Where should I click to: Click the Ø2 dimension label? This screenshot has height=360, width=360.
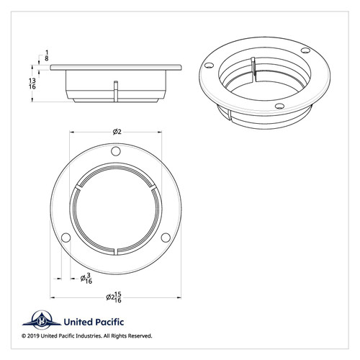click(117, 131)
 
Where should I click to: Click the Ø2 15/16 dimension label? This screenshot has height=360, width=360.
click(116, 296)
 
